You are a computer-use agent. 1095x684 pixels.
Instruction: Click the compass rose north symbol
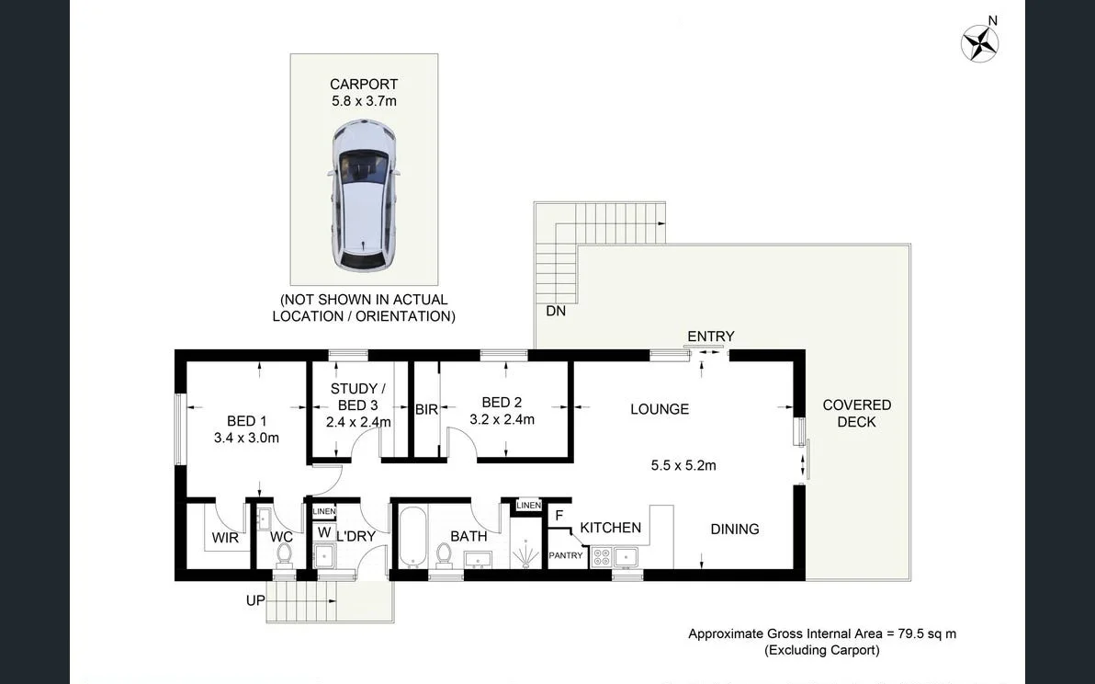click(x=980, y=41)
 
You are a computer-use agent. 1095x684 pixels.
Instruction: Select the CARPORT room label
click(x=364, y=85)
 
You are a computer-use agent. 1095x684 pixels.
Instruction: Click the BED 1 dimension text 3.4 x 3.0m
click(x=246, y=439)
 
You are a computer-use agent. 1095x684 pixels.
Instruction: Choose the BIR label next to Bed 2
click(x=426, y=410)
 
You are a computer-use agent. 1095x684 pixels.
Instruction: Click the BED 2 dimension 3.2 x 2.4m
click(x=502, y=419)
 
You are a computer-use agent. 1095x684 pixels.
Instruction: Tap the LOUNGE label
click(x=660, y=409)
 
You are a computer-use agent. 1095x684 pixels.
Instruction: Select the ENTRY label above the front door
click(x=711, y=336)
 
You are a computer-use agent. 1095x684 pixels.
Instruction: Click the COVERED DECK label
click(x=856, y=413)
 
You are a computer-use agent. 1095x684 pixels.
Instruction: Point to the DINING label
click(x=735, y=529)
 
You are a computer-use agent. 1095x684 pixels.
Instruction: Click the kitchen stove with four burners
click(x=601, y=556)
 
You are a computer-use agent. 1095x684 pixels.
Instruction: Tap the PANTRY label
click(x=565, y=556)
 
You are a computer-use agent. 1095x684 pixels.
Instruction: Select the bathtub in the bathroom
click(x=412, y=538)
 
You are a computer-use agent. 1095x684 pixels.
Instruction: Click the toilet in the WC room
click(x=284, y=554)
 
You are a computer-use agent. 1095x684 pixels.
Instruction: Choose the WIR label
click(x=225, y=537)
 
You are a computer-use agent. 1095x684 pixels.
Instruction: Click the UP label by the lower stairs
click(x=255, y=600)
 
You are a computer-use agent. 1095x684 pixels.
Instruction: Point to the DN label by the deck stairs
click(x=556, y=312)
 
